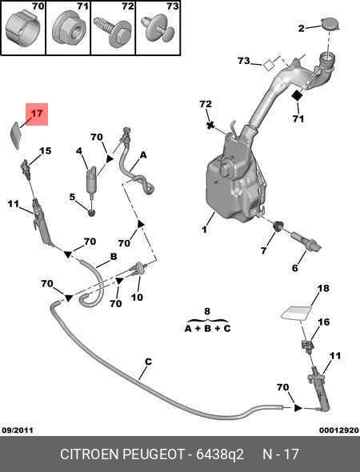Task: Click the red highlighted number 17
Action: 37,114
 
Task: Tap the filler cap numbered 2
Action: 331,24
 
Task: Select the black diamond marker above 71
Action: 298,95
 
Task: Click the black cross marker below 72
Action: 210,125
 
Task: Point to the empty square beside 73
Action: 269,65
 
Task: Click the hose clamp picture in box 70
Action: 23,29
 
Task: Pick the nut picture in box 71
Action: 70,30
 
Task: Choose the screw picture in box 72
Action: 112,31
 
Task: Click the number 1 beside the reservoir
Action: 205,230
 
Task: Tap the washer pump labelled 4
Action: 91,180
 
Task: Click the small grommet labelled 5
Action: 91,213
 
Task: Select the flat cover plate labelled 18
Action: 296,313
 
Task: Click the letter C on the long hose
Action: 148,362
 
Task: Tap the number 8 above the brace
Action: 207,311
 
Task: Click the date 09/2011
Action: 18,430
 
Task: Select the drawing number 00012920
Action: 339,430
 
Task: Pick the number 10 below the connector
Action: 137,298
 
